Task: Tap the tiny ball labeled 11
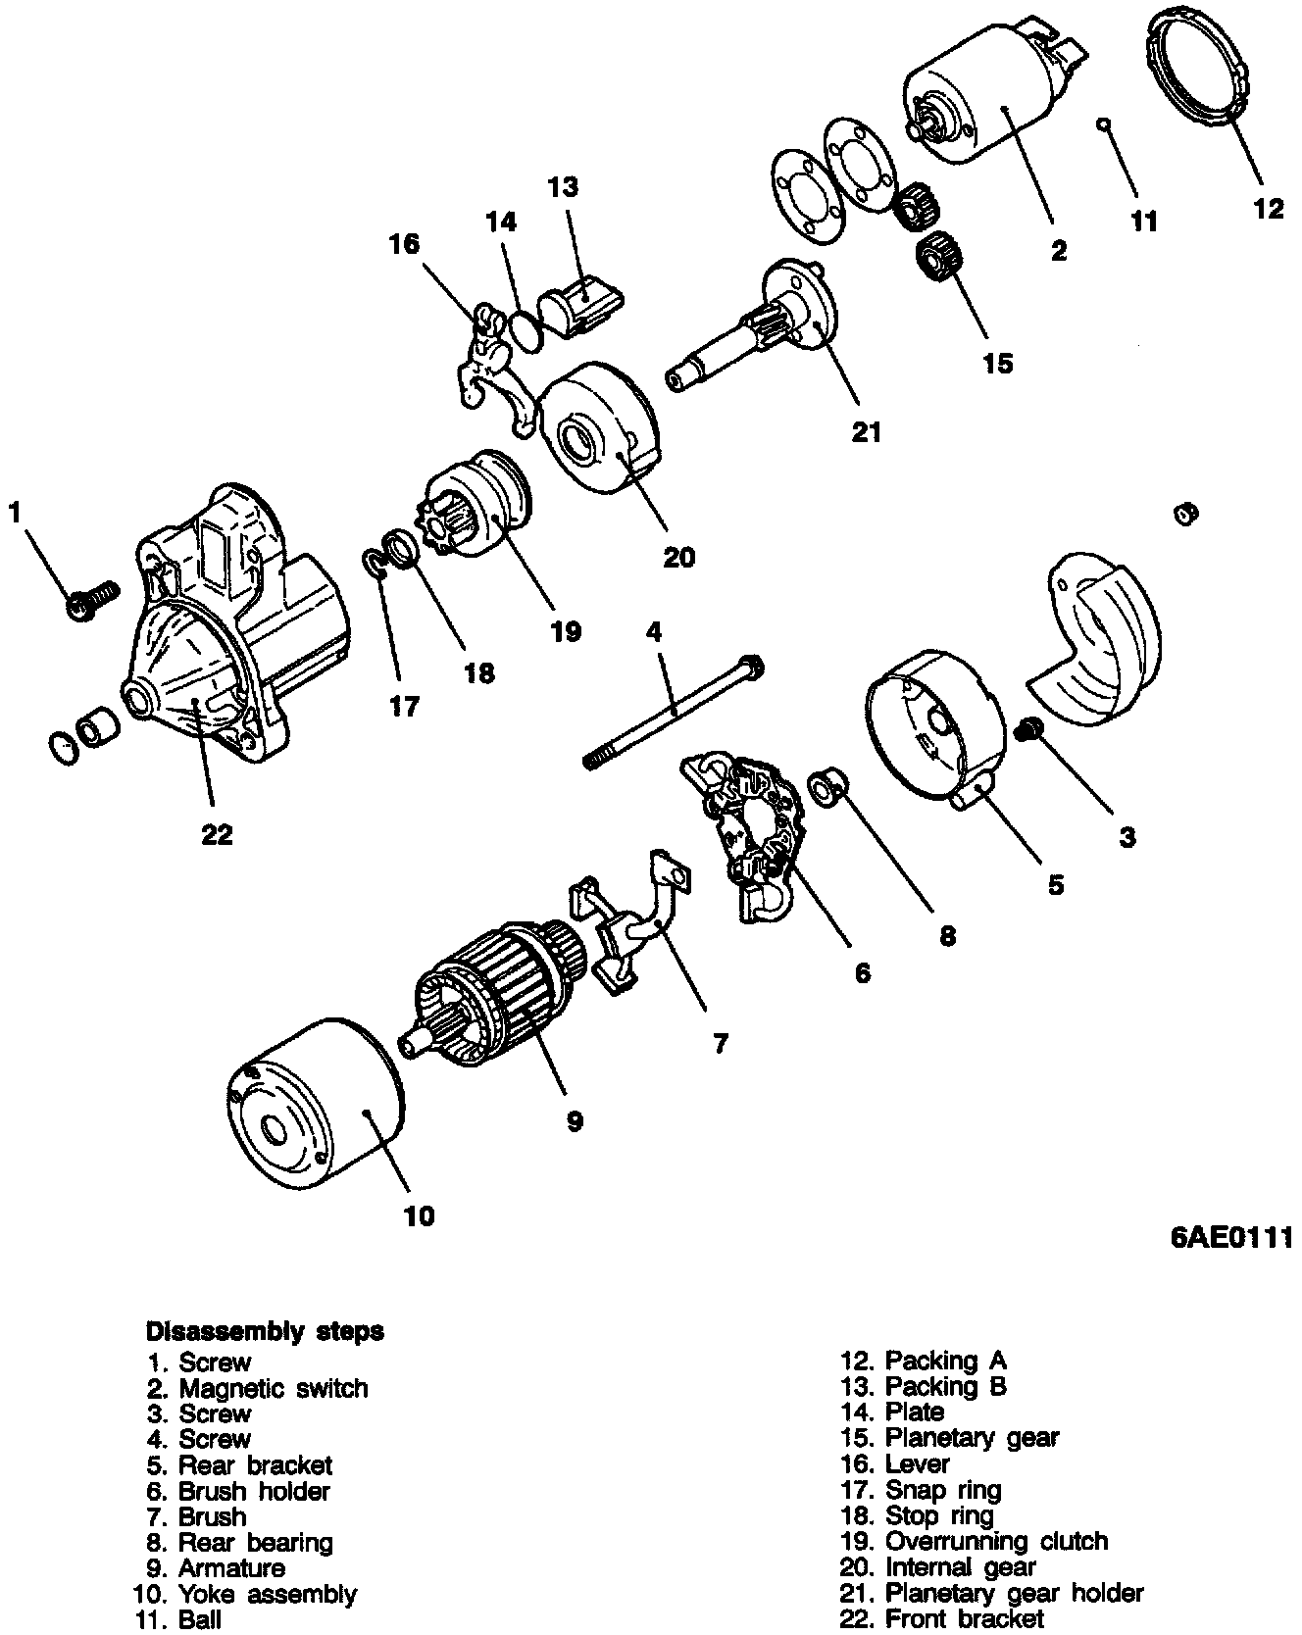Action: [1103, 124]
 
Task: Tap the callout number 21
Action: [867, 430]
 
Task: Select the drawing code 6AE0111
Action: [1231, 1237]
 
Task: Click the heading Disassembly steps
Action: [265, 1331]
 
